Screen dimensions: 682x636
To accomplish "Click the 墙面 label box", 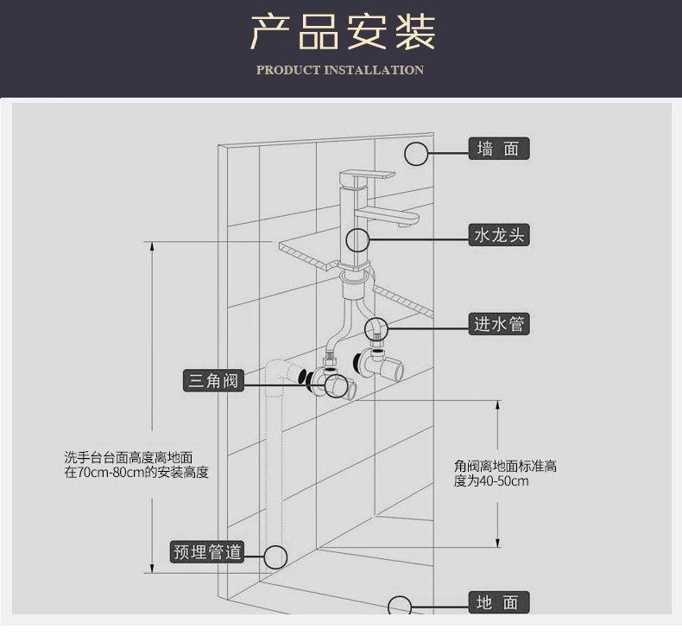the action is pyautogui.click(x=499, y=149).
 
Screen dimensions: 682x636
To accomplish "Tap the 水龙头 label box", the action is pyautogui.click(x=499, y=234).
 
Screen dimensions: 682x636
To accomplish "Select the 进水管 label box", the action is pyautogui.click(x=499, y=324).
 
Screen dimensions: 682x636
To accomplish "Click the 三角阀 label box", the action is pyautogui.click(x=212, y=379).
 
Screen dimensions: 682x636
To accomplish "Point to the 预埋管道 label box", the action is pyautogui.click(x=207, y=551).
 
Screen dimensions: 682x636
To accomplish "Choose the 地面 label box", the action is pyautogui.click(x=499, y=602).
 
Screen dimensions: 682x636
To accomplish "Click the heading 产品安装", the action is pyautogui.click(x=342, y=33).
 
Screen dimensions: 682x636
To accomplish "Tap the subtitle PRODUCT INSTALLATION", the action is pyautogui.click(x=340, y=70).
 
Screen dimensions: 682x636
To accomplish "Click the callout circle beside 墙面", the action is pyautogui.click(x=417, y=153).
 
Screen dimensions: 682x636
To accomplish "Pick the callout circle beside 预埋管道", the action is pyautogui.click(x=275, y=557).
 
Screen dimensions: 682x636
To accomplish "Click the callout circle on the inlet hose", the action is pyautogui.click(x=376, y=328).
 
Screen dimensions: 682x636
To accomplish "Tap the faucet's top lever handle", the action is pyautogui.click(x=367, y=175).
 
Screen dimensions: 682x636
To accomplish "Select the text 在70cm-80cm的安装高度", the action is pyautogui.click(x=136, y=473).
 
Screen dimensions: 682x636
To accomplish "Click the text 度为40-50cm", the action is pyautogui.click(x=490, y=480).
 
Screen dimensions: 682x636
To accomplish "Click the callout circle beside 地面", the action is pyautogui.click(x=400, y=606).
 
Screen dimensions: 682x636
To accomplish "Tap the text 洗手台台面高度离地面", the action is pyautogui.click(x=128, y=457).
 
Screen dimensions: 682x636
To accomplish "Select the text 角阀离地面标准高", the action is pyautogui.click(x=505, y=466).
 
